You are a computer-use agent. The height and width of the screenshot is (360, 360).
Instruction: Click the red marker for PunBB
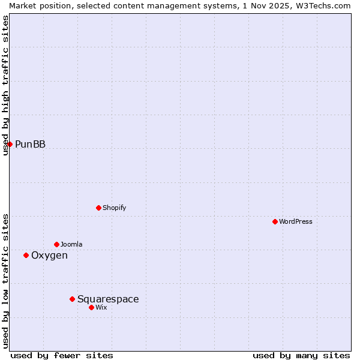click(x=10, y=144)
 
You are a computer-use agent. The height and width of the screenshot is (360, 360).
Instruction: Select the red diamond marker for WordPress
click(x=275, y=221)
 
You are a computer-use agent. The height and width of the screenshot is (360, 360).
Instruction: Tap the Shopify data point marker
click(x=98, y=208)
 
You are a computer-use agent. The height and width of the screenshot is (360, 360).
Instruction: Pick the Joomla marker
click(x=56, y=244)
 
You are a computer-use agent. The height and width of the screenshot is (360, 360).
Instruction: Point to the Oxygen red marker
click(x=26, y=255)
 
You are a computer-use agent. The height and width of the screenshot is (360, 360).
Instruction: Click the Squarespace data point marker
click(x=72, y=299)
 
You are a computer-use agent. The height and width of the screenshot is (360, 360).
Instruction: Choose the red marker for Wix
click(x=91, y=307)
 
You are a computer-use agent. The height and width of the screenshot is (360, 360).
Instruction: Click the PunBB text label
click(x=30, y=144)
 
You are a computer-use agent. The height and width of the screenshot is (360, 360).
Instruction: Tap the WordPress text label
click(x=295, y=221)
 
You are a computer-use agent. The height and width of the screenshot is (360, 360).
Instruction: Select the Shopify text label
click(x=114, y=208)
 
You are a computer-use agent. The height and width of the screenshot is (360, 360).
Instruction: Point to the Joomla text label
click(x=71, y=244)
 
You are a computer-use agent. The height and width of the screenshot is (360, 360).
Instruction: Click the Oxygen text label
click(x=49, y=256)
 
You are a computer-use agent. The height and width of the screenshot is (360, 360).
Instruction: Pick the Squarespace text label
click(x=108, y=299)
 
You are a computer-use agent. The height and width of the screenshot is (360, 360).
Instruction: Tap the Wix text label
click(x=101, y=307)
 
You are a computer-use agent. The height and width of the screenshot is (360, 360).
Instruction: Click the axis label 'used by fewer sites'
click(x=62, y=355)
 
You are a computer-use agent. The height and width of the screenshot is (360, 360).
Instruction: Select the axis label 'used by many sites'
click(x=301, y=355)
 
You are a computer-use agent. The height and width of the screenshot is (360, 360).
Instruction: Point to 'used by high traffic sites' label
click(x=5, y=85)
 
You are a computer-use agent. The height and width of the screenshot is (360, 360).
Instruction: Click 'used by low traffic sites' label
click(x=5, y=281)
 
